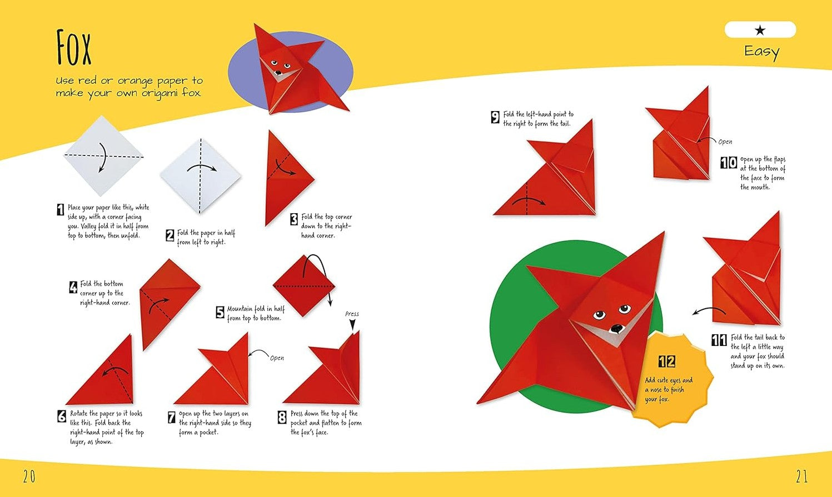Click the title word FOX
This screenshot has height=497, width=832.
(73, 48)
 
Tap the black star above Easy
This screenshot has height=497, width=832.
(760, 30)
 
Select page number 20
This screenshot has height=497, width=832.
(29, 476)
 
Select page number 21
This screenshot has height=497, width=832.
(801, 476)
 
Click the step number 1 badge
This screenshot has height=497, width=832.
(60, 209)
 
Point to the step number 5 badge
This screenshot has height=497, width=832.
(220, 312)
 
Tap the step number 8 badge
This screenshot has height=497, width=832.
(282, 417)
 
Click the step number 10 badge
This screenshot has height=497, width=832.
(729, 163)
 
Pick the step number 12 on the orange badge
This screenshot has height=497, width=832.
(667, 361)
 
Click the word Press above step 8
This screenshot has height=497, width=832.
(352, 314)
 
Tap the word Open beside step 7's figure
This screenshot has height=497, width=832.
(277, 358)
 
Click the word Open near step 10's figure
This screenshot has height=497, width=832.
(725, 142)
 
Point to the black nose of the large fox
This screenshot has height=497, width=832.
(617, 328)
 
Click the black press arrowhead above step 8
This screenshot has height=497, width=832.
(352, 325)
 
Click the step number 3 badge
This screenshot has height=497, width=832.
(294, 219)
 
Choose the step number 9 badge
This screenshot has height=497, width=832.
(495, 117)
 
